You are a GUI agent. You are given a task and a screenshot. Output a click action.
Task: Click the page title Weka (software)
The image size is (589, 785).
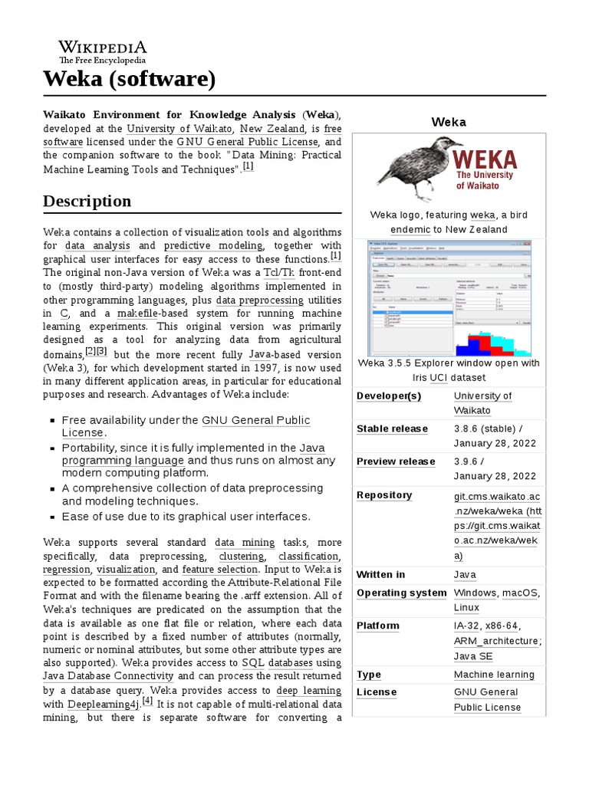tap(129, 78)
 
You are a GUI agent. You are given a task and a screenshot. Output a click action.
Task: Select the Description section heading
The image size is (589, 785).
tap(87, 201)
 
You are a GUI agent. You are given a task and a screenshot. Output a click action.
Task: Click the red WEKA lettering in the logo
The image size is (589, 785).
tap(485, 159)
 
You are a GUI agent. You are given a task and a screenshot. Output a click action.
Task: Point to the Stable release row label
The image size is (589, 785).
tap(392, 429)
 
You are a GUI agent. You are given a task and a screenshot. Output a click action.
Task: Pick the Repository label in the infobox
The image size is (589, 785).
tap(384, 495)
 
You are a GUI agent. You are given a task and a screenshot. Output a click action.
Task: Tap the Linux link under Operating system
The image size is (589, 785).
tap(466, 607)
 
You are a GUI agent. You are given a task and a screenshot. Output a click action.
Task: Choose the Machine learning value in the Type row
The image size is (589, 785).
tap(494, 675)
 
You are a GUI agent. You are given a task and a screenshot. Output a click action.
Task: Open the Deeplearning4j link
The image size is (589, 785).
tap(104, 703)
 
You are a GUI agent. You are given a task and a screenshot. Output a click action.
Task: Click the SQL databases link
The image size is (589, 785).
tap(277, 662)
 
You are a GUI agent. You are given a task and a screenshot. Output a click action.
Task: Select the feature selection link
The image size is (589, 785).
tap(219, 570)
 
